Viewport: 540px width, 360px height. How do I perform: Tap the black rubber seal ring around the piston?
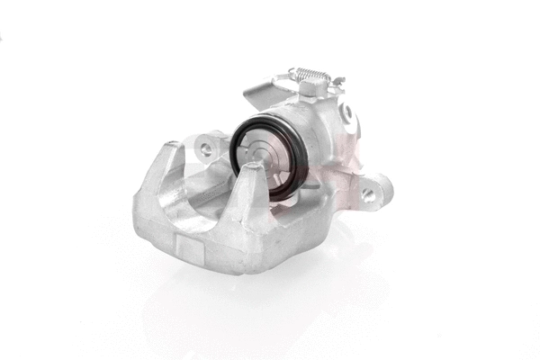point(236,144)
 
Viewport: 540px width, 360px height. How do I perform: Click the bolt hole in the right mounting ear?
point(368,193)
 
